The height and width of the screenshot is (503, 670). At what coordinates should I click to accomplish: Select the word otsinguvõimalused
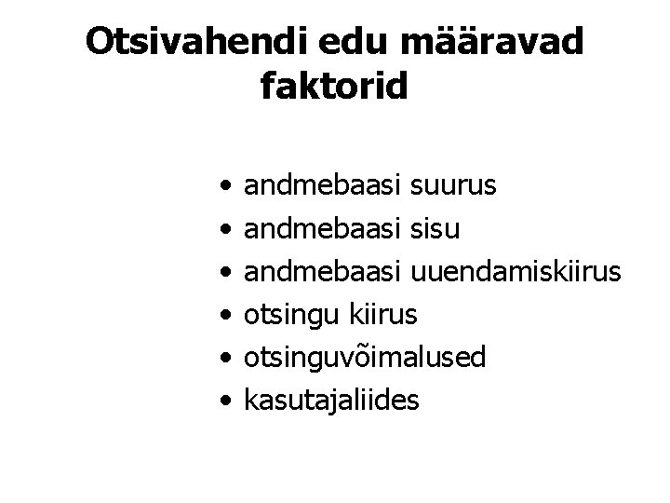point(364,358)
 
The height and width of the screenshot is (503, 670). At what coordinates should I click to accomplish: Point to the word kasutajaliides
point(330,400)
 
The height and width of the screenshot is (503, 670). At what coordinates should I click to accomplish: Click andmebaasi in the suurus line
point(322,188)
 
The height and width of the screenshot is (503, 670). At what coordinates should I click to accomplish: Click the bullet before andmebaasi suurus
point(227,190)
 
